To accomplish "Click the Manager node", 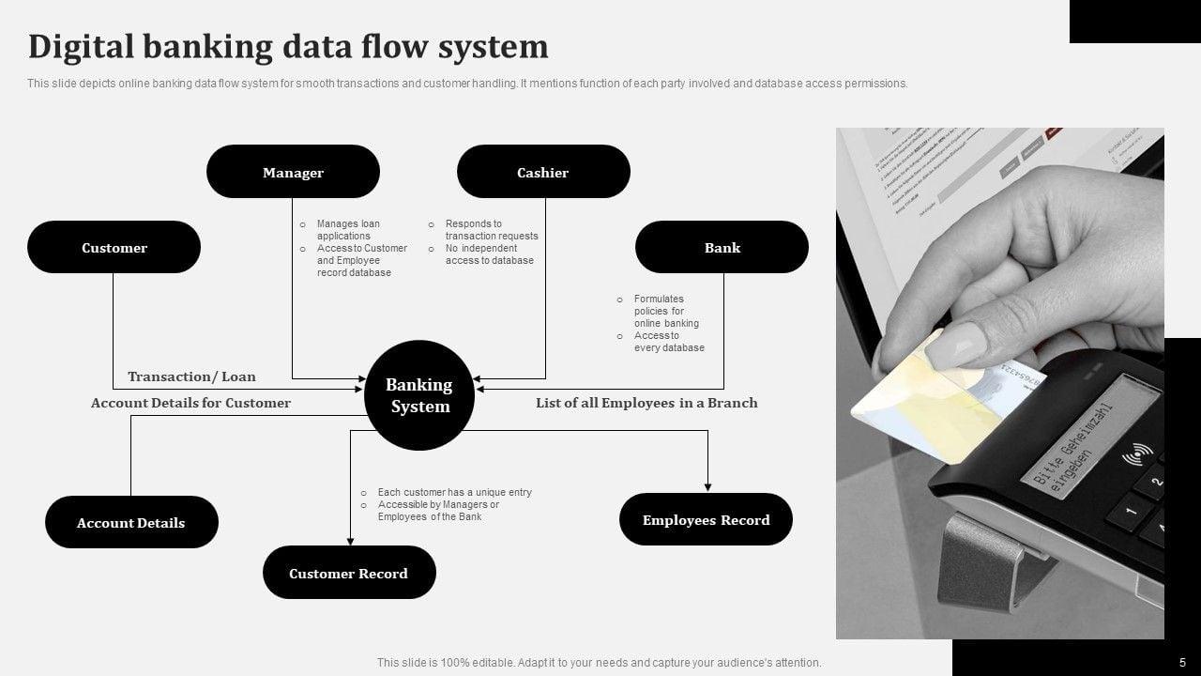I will click(x=293, y=172).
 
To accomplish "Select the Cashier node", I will click(x=543, y=172).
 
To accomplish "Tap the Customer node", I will click(x=114, y=248).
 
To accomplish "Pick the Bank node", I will click(x=722, y=248).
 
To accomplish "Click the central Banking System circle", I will click(x=419, y=395).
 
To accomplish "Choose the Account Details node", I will click(x=131, y=523).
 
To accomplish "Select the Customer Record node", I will click(x=349, y=573).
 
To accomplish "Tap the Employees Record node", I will click(x=706, y=520).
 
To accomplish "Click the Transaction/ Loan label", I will click(x=191, y=376).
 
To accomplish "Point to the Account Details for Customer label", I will click(x=190, y=403).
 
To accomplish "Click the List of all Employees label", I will click(x=646, y=403).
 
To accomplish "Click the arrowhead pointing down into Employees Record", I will click(x=707, y=486).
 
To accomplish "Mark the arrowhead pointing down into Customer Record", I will click(x=350, y=540).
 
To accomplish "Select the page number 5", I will click(x=1182, y=662).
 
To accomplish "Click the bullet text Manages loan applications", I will click(x=348, y=230).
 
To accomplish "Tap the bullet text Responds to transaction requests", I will click(x=491, y=230).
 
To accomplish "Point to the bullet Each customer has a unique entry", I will click(x=454, y=492).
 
